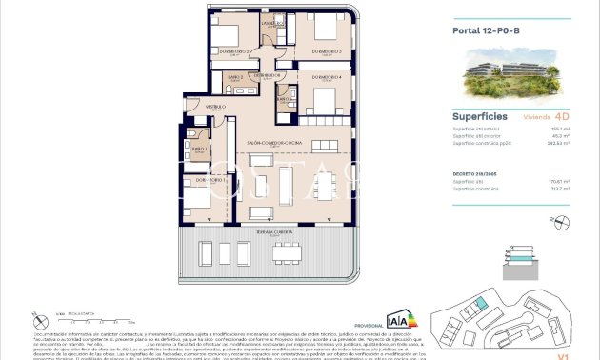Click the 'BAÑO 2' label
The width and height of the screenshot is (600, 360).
pos(234,76)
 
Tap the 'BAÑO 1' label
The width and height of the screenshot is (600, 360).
pos(199,150)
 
